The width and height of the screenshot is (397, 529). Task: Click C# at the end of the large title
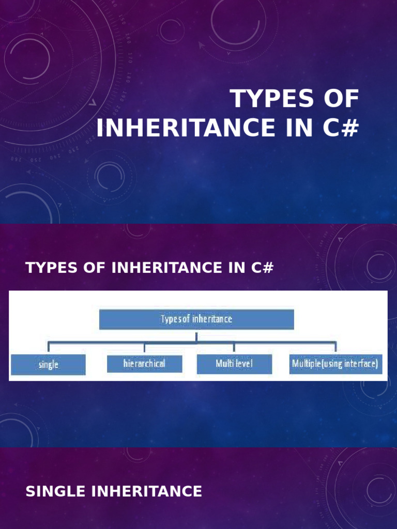(x=339, y=128)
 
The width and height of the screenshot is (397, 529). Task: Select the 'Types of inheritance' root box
(x=196, y=319)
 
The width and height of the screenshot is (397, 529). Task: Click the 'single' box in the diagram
(x=48, y=364)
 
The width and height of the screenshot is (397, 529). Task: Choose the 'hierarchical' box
(x=144, y=364)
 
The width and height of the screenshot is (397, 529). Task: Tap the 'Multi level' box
(x=234, y=364)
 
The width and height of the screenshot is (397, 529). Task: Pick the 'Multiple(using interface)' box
(x=335, y=364)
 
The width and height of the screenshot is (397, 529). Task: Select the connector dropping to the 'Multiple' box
(x=335, y=348)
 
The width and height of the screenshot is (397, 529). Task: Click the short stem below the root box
(x=196, y=336)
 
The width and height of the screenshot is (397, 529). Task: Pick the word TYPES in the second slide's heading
(x=47, y=268)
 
